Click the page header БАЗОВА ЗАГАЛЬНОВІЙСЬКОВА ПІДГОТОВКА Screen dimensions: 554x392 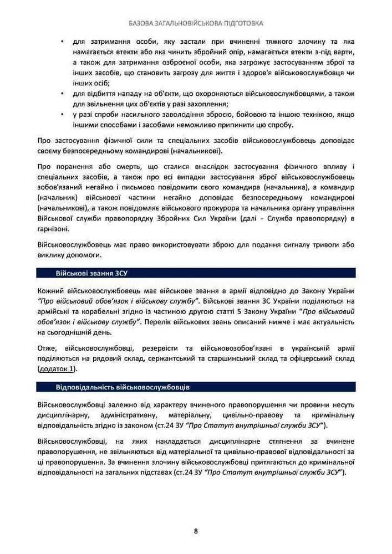click(196, 24)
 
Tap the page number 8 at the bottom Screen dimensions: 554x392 click(196, 531)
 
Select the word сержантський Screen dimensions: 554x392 click(174, 358)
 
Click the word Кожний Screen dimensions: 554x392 click(50, 291)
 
